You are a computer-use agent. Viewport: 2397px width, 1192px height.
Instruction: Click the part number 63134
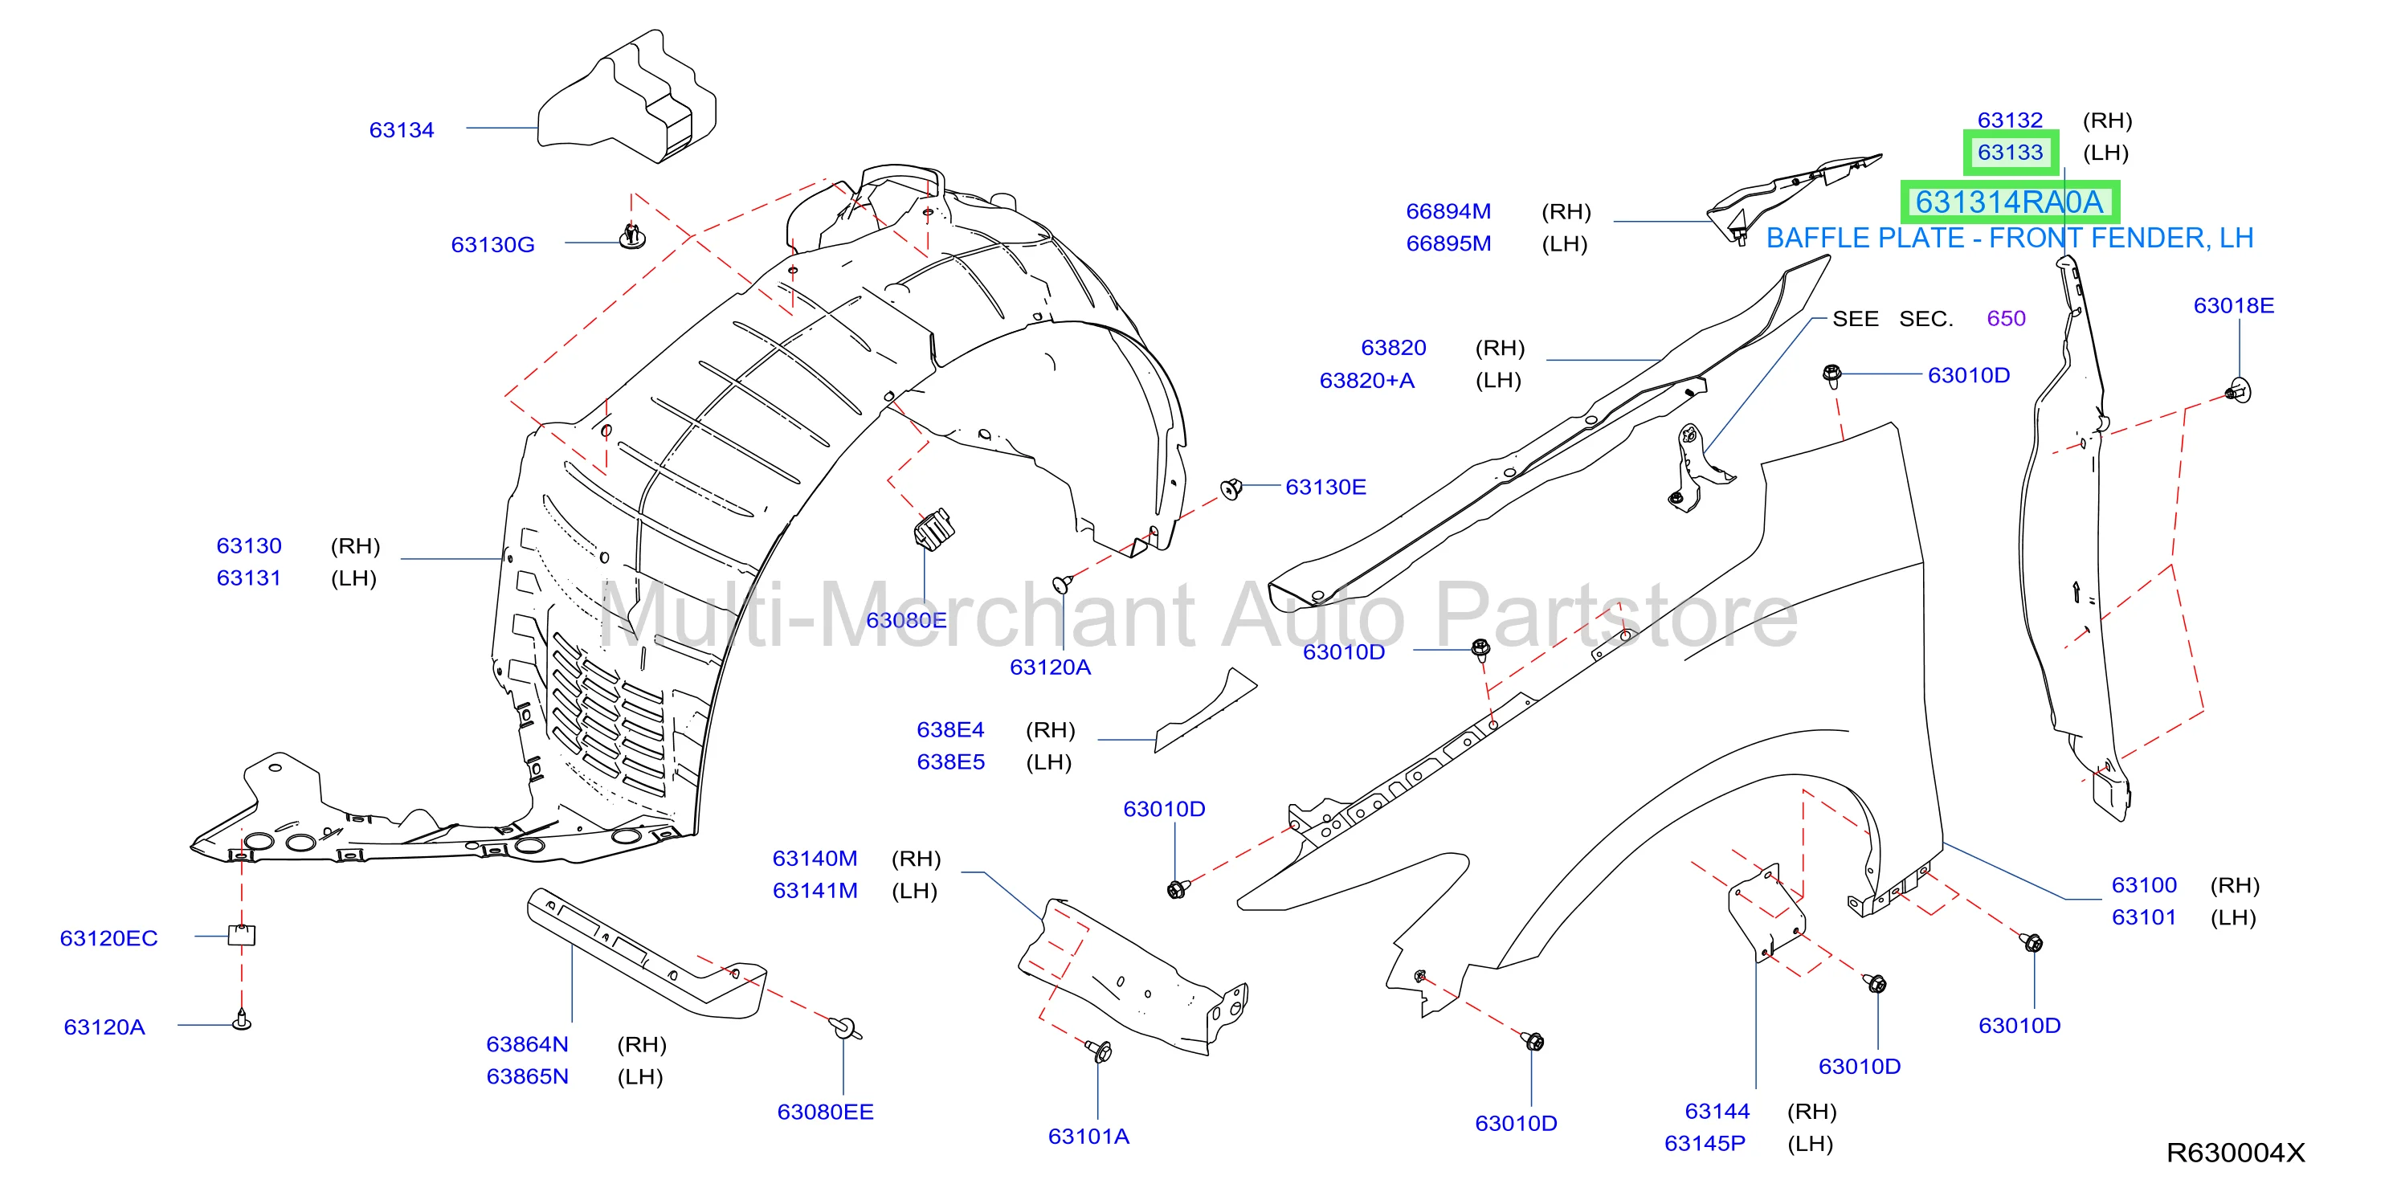point(401,130)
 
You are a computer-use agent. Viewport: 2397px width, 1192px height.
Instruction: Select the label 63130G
point(492,245)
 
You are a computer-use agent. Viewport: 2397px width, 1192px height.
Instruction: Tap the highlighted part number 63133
point(2010,153)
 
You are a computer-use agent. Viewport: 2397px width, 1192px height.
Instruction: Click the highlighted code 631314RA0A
point(2009,202)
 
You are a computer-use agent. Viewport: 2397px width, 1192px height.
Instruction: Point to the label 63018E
point(2233,305)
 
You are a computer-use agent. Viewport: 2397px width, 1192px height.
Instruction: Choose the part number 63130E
point(1325,487)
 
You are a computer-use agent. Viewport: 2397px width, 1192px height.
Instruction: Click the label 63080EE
point(825,1111)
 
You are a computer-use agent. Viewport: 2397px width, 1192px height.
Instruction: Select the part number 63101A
point(1088,1136)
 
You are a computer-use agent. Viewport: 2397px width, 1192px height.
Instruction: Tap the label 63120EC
point(109,938)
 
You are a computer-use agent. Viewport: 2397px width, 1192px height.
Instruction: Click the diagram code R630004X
point(2235,1153)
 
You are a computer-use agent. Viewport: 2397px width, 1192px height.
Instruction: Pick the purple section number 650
point(2005,318)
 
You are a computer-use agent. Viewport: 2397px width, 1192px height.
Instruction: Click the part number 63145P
point(1705,1143)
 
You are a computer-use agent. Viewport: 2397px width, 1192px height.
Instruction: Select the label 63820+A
point(1366,380)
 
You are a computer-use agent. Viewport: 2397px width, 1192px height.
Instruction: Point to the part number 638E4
point(950,729)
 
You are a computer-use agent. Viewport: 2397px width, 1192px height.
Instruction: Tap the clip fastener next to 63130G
point(633,236)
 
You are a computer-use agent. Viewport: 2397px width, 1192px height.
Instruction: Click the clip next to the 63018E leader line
point(2239,391)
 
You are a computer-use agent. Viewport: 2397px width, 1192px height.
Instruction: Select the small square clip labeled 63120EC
point(242,934)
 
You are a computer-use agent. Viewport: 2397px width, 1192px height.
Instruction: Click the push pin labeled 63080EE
point(844,1027)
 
